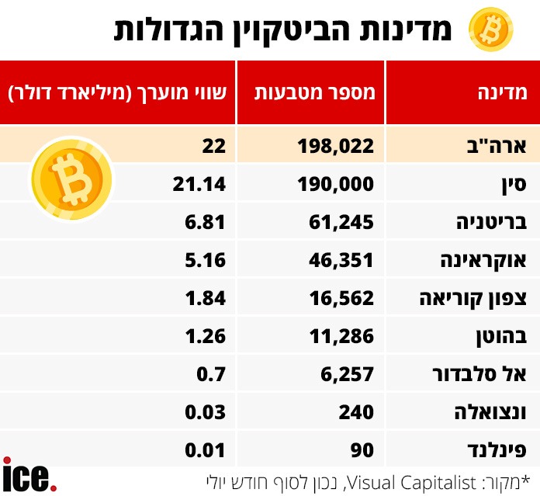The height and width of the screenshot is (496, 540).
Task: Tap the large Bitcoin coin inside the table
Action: [x=71, y=177]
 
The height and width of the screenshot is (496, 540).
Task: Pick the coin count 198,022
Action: [x=336, y=145]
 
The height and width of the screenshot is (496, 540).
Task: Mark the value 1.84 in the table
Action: [x=205, y=297]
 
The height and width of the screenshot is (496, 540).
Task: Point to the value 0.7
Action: [x=212, y=373]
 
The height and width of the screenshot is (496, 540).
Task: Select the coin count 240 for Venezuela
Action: [x=358, y=411]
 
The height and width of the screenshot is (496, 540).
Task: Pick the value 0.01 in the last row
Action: [x=205, y=449]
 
